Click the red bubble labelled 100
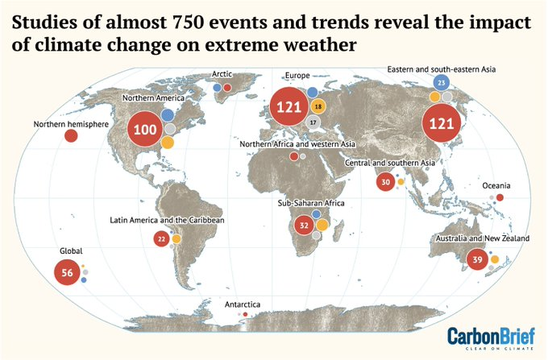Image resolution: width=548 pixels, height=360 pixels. [146, 130]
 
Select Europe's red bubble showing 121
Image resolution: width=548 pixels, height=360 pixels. [289, 107]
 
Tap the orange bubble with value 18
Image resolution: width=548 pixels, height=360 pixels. [318, 107]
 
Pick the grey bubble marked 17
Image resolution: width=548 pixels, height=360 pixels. [313, 122]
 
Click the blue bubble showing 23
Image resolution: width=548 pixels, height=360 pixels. [441, 83]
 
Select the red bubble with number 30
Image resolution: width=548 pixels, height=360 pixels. [385, 182]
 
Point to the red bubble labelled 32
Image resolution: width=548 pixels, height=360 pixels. [304, 225]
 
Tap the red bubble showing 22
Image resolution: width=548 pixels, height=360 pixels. [161, 238]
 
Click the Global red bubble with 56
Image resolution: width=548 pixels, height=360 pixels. [67, 273]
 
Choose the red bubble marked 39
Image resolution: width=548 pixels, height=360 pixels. [477, 259]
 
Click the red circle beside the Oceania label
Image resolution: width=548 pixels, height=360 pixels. [500, 197]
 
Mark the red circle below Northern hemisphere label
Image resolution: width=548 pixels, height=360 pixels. [71, 136]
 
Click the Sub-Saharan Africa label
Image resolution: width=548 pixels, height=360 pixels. [310, 203]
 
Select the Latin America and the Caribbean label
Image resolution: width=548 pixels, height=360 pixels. [167, 220]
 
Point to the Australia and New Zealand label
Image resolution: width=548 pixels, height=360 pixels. [481, 239]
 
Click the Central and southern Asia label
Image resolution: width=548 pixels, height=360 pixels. [389, 163]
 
